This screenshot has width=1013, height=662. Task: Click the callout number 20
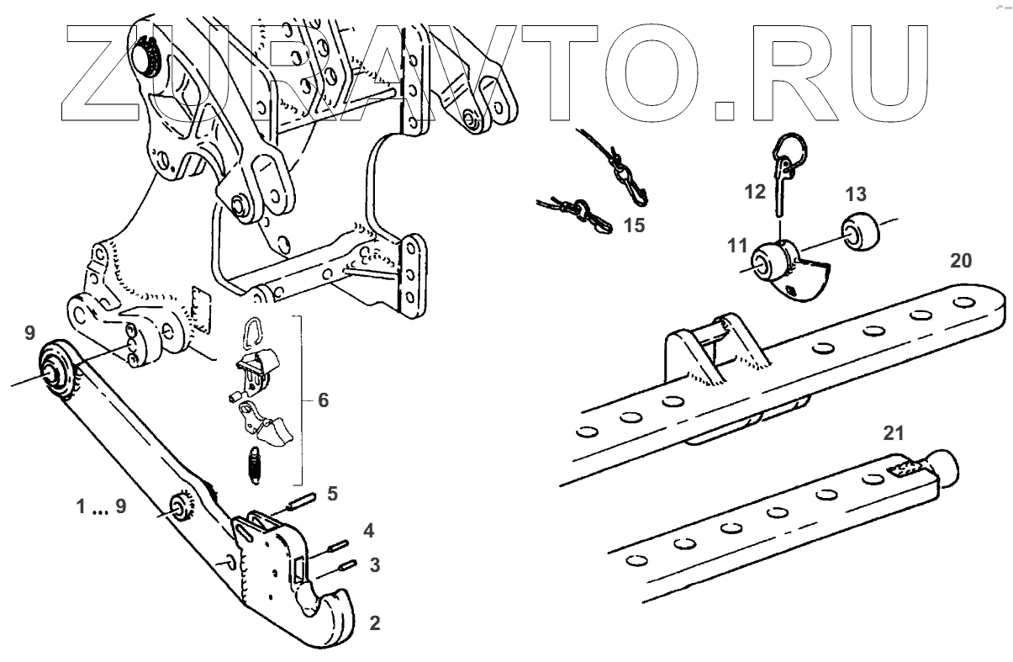[x=960, y=261]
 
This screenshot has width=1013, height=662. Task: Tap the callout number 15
[x=634, y=226]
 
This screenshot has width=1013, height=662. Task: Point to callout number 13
[x=855, y=195]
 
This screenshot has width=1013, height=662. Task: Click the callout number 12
[x=754, y=192]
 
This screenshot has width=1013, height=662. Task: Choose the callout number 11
[x=737, y=246]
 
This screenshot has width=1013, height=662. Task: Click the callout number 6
[x=323, y=400]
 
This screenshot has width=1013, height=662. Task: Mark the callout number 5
[x=332, y=493]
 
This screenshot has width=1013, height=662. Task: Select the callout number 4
[x=367, y=531]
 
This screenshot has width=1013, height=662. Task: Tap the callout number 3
[x=374, y=564]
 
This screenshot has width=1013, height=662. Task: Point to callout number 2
[x=375, y=623]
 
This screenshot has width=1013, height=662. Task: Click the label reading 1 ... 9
[x=102, y=507]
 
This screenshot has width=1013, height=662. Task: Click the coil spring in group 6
[x=253, y=463]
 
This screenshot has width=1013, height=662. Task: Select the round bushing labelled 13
[x=859, y=231]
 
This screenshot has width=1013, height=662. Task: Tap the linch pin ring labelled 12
[x=789, y=152]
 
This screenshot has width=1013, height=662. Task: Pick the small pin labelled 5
[x=301, y=501]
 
